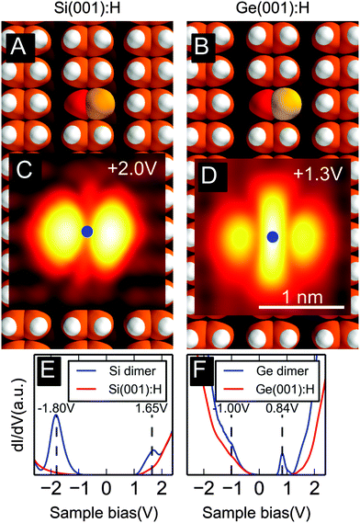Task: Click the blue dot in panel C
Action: pos(86,232)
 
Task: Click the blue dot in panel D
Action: pos(273,237)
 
